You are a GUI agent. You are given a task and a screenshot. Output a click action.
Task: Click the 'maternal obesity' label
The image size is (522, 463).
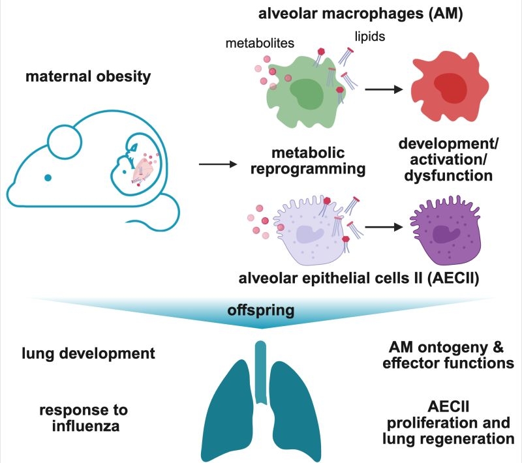pos(88,77)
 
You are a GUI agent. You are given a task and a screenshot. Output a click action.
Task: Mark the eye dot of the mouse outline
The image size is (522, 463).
pos(47,177)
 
